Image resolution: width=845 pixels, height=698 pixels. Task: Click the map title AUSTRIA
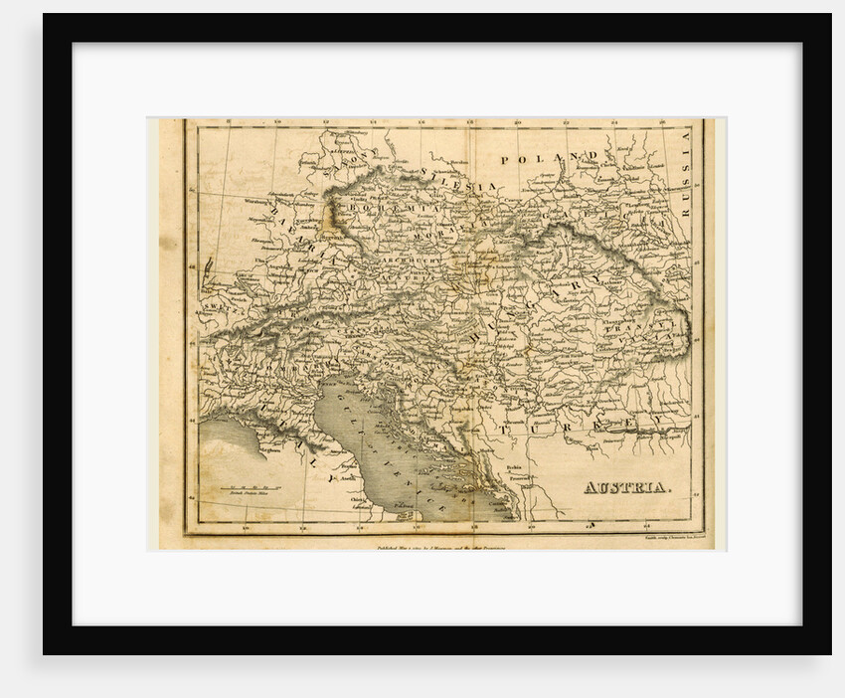(x=626, y=487)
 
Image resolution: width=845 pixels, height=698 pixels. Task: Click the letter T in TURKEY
(x=508, y=428)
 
